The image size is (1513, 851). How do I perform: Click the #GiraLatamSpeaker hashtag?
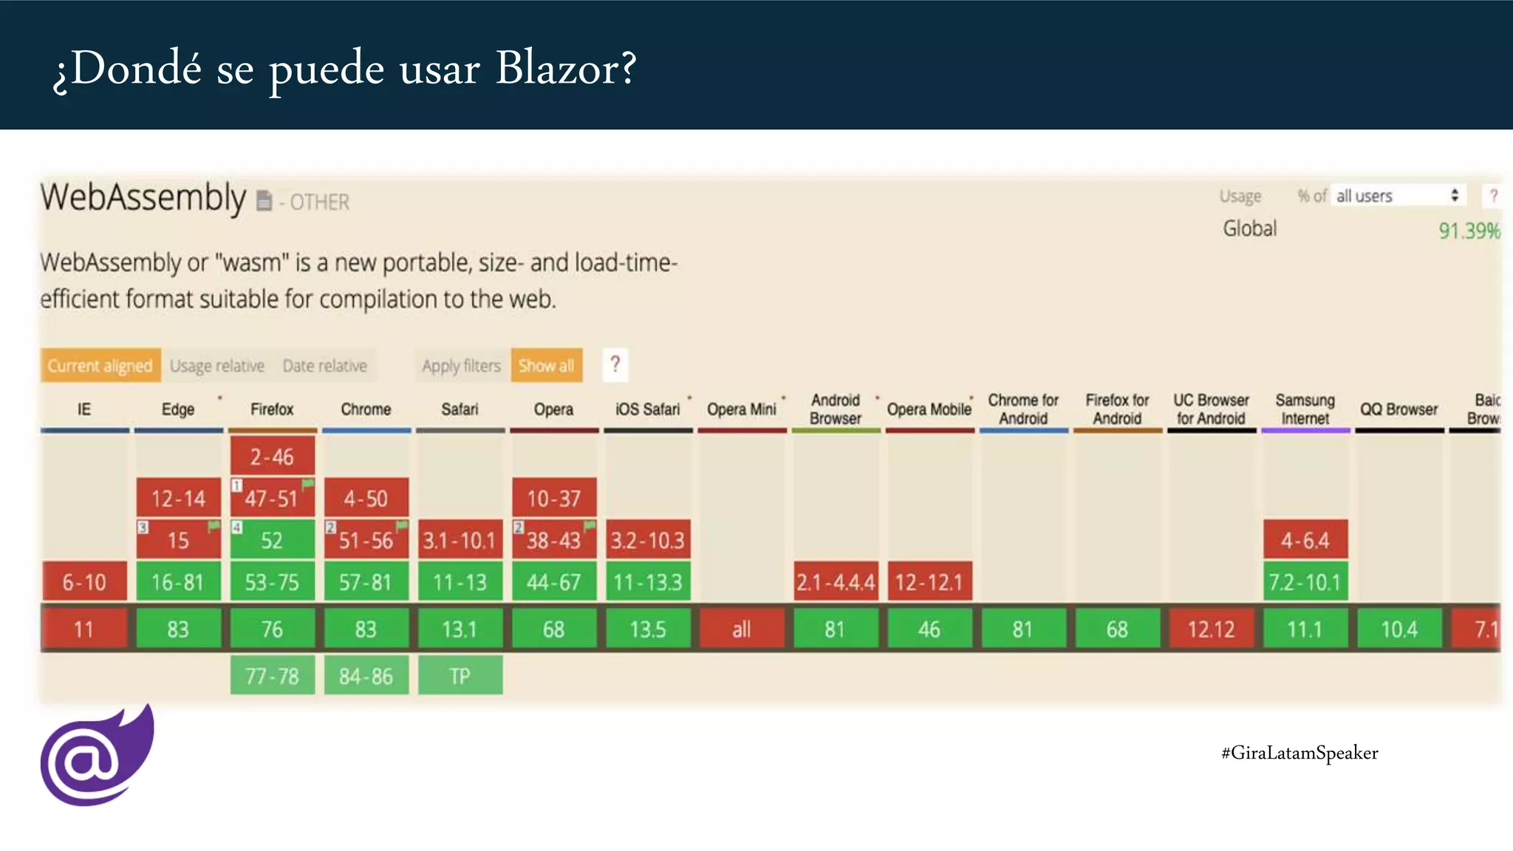tap(1299, 753)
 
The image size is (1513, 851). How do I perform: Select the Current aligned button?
tap(100, 366)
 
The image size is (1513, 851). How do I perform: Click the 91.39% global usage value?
tap(1469, 231)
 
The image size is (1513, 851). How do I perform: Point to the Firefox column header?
tap(272, 409)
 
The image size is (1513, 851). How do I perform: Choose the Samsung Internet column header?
tap(1305, 409)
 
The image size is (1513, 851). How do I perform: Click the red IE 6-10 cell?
tap(84, 582)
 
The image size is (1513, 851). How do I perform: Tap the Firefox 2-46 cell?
tap(272, 457)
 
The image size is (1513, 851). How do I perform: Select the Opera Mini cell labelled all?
tap(741, 629)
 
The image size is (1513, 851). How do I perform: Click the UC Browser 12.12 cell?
tap(1211, 629)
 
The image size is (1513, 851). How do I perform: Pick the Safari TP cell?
tap(460, 675)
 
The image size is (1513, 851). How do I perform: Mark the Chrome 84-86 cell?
tap(366, 675)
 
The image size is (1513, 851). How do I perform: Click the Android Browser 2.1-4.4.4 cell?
tap(835, 582)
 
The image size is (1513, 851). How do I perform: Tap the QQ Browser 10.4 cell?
tap(1398, 629)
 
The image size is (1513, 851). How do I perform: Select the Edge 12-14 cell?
tap(178, 499)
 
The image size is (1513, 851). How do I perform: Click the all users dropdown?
tap(1397, 196)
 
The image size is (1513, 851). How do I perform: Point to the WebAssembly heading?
tap(143, 198)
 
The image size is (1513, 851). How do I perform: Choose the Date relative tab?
tap(324, 366)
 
